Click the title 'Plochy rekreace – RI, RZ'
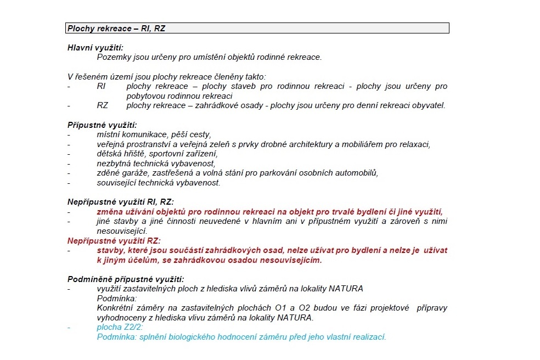click(116, 28)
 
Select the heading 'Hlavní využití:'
click(95, 48)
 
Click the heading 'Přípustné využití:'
click(102, 125)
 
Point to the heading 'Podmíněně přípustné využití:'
click(126, 279)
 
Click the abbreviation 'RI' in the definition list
click(101, 86)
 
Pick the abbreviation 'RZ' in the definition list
click(103, 105)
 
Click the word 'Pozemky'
click(113, 57)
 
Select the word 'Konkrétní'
click(116, 308)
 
